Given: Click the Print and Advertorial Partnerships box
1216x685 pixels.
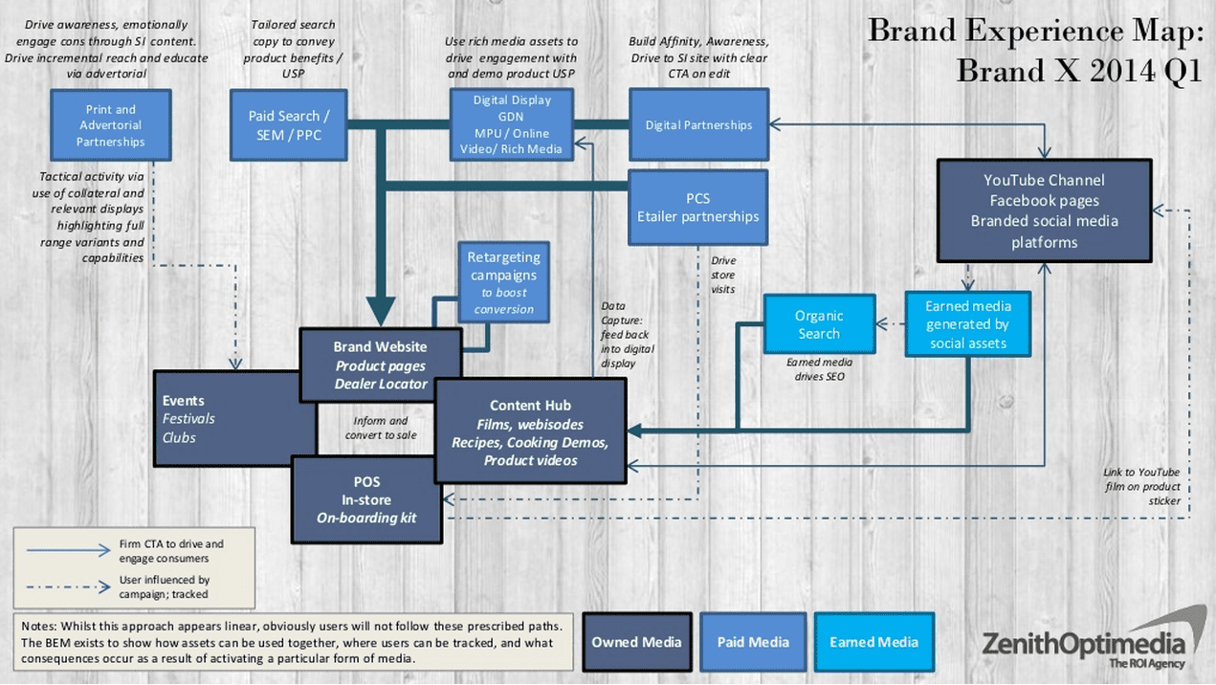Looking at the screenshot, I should pyautogui.click(x=111, y=125).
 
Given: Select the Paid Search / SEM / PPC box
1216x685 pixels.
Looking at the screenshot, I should pyautogui.click(x=289, y=125).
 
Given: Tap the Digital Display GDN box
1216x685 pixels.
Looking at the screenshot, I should pyautogui.click(x=512, y=124).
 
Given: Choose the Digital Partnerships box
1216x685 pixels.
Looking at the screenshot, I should pyautogui.click(x=698, y=124).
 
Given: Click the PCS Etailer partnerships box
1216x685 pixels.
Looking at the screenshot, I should pyautogui.click(x=698, y=208).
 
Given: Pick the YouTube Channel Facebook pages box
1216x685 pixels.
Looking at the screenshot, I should pyautogui.click(x=1044, y=210).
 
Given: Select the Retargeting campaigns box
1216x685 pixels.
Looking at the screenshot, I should pyautogui.click(x=504, y=282).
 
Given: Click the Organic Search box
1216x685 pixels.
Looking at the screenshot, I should pyautogui.click(x=819, y=324).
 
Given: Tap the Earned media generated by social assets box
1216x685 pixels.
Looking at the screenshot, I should pyautogui.click(x=967, y=324).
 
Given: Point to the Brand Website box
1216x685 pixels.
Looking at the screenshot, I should pyautogui.click(x=380, y=364).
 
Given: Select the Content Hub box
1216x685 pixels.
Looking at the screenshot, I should pyautogui.click(x=530, y=431).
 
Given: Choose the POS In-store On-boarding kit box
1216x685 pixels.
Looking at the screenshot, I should pyautogui.click(x=366, y=499).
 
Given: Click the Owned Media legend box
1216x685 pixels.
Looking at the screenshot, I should pyautogui.click(x=636, y=642).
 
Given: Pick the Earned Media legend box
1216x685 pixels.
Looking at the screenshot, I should pyautogui.click(x=873, y=642).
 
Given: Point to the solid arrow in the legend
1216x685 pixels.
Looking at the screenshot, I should pyautogui.click(x=69, y=550).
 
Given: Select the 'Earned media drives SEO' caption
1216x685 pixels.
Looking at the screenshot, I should pyautogui.click(x=819, y=369).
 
